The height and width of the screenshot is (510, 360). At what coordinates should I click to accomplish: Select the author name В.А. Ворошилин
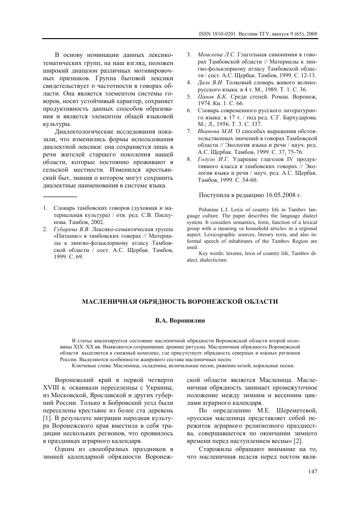180,321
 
